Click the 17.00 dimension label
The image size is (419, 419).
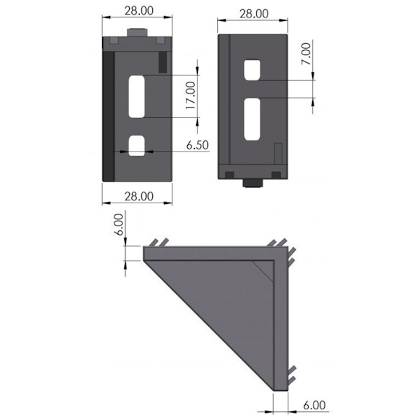pyautogui.click(x=191, y=96)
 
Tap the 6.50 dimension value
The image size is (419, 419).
pyautogui.click(x=197, y=145)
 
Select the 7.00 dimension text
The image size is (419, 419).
pyautogui.click(x=307, y=54)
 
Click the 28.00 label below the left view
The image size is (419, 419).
pyautogui.click(x=139, y=196)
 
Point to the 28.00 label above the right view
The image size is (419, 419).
pyautogui.click(x=254, y=14)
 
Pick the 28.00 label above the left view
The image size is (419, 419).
pyautogui.click(x=139, y=10)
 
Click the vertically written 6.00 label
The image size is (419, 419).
pyautogui.click(x=119, y=224)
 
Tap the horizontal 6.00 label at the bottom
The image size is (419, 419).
pyautogui.click(x=314, y=405)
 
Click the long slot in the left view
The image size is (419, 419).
pyautogui.click(x=137, y=96)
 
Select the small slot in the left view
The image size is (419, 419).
pyautogui.click(x=137, y=146)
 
